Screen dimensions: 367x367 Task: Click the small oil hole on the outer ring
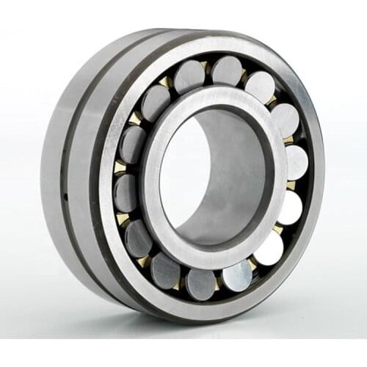click(x=65, y=196)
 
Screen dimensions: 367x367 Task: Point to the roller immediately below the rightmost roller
click(x=289, y=208)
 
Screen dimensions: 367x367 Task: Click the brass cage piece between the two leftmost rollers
click(x=119, y=167)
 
